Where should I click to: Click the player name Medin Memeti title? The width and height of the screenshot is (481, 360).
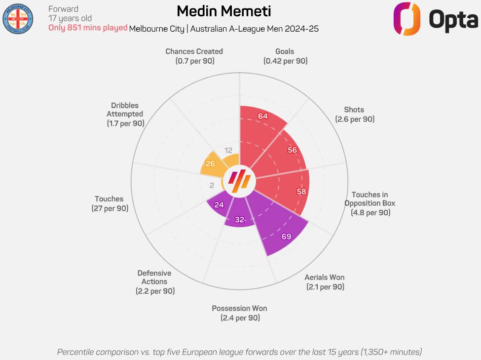point(223,11)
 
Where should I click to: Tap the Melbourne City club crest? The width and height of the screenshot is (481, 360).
point(18,18)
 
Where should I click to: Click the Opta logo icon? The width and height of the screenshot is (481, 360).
point(407,19)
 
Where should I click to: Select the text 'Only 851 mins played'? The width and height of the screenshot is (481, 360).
point(88,28)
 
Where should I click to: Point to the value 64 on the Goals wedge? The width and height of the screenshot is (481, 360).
point(263,116)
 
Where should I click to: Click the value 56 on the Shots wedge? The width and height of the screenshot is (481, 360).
point(293,150)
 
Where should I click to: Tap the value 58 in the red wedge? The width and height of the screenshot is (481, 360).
point(301,191)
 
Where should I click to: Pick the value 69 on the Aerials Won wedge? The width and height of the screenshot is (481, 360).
point(286,237)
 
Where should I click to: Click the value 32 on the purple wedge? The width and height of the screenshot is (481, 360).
point(239,220)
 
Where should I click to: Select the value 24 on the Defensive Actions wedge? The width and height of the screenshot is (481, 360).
point(220,205)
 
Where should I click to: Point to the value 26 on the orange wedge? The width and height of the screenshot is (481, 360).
point(210,163)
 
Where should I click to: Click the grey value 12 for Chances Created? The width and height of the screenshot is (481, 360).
point(228,150)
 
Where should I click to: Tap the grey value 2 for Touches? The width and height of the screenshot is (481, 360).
point(212,186)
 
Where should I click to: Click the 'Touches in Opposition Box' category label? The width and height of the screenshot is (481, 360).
point(370,203)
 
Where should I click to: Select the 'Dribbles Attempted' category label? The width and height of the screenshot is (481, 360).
point(125,114)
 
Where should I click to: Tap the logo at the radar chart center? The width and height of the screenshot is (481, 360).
point(240,181)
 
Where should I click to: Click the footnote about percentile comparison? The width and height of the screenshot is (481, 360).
point(239,352)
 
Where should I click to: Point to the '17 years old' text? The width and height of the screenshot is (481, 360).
point(70,19)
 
